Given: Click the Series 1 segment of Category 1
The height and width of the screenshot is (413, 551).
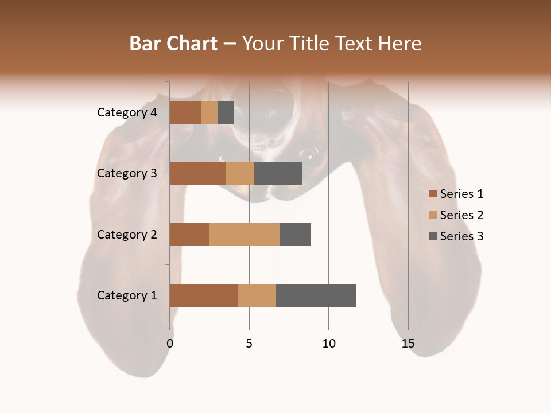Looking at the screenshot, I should pos(204,295).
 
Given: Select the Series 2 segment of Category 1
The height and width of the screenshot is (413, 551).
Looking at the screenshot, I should pos(257,295).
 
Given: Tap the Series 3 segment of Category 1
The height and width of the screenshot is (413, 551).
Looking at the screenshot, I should pos(316,295).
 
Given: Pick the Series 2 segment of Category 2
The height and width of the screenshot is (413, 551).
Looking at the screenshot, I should pos(245,234).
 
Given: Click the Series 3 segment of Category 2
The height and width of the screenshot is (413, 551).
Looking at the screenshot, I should pos(295,234).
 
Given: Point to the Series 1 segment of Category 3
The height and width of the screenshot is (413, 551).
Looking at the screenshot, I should pos(197,173).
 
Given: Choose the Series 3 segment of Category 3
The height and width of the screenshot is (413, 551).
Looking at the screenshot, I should pos(278,173).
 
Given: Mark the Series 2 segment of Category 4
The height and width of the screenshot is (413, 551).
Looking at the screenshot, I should pos(209,112).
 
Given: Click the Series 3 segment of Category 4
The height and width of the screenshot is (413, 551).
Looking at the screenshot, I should pos(226,112).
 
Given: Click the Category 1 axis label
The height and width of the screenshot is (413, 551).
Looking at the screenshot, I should pos(127,295).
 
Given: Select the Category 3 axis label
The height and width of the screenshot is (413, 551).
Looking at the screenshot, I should pos(127,173).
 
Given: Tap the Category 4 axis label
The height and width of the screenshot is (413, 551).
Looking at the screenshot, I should pos(127,112).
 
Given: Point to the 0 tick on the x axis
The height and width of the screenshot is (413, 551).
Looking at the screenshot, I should pos(170,344).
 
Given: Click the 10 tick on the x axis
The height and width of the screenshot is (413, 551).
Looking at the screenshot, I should pos(328,344).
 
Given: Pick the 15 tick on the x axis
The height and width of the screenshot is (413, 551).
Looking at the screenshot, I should pos(408,344).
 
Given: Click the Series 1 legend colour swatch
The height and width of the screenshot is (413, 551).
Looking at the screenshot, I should pos(433,194).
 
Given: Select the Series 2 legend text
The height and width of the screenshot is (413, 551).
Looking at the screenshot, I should pos(461,215).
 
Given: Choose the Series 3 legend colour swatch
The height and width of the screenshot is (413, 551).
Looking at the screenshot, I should pos(433,236).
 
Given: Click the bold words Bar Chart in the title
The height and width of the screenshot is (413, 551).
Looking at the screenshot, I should pos(173,44).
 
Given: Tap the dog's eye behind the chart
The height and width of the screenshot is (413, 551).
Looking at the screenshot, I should pos(308,153).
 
